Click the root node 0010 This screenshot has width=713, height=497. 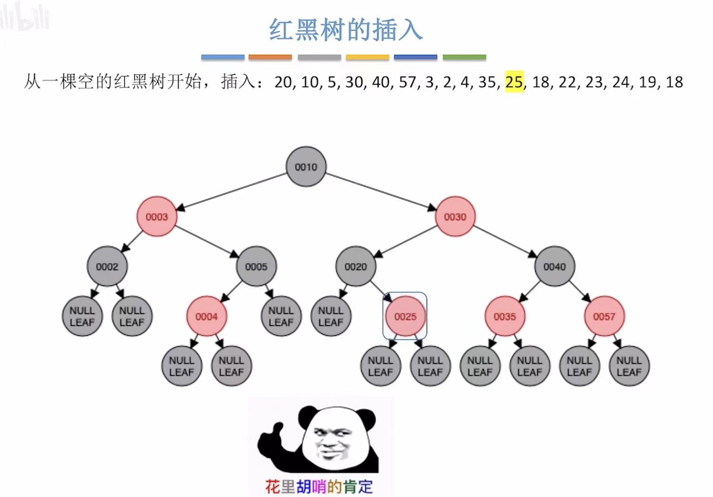click(306, 167)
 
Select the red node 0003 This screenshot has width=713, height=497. click(157, 217)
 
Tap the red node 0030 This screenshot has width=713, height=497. click(455, 217)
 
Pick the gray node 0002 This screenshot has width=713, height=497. click(107, 267)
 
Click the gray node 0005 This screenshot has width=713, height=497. click(256, 267)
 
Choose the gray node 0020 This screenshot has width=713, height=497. click(356, 267)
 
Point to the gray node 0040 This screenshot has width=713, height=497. click(554, 267)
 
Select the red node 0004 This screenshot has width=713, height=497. click(206, 316)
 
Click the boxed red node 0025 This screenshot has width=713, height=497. click(405, 316)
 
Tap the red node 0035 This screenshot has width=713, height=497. click(505, 316)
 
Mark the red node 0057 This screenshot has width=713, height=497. click(604, 316)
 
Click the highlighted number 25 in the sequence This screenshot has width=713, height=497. click(514, 82)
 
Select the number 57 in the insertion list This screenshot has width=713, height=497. click(408, 82)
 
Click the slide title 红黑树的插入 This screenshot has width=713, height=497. click(346, 30)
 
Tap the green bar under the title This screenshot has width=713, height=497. click(464, 57)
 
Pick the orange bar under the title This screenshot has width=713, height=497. click(270, 57)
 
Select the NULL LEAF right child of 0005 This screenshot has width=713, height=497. click(281, 316)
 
